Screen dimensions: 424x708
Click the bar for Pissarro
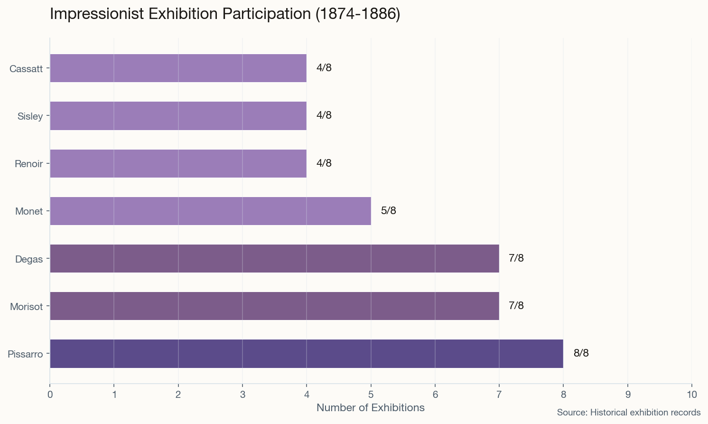(306, 354)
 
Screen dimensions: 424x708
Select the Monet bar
(210, 211)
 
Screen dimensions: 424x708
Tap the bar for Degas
(274, 259)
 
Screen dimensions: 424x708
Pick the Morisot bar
(274, 306)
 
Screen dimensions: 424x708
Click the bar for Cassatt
(178, 68)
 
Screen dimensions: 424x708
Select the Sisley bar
(178, 116)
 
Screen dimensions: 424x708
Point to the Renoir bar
(178, 163)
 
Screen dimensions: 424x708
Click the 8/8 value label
(581, 353)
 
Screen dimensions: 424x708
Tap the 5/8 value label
(388, 211)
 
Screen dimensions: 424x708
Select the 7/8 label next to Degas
(516, 258)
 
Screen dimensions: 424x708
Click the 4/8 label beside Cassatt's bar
(324, 68)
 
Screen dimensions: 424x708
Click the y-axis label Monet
(29, 211)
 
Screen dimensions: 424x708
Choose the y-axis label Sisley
(30, 116)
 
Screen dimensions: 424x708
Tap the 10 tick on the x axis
(691, 395)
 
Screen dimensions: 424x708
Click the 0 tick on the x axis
(50, 395)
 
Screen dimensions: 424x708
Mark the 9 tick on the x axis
(627, 395)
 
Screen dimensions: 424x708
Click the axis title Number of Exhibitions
(370, 408)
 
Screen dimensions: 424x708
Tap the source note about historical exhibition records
(628, 413)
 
